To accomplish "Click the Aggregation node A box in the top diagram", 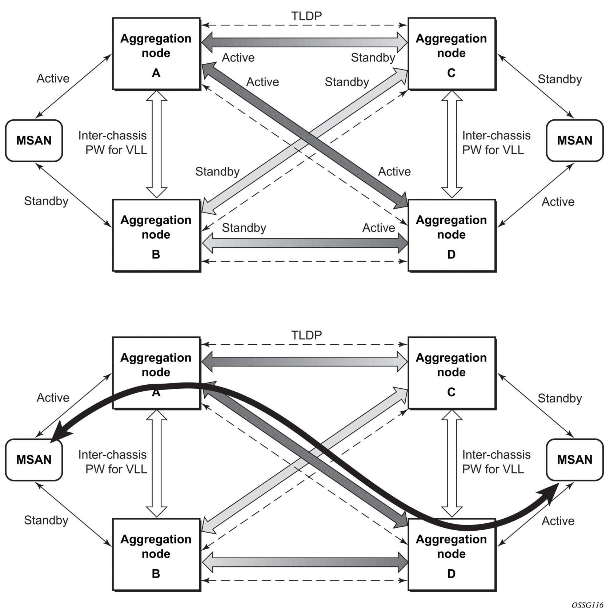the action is tap(156, 54).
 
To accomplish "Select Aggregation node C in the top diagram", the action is tap(452, 54).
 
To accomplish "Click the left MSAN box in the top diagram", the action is tap(34, 140).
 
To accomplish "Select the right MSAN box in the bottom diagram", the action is tap(575, 460).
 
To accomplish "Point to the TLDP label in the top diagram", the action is tap(306, 16).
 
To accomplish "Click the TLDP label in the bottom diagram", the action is tap(306, 335).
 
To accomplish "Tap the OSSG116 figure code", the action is tap(587, 605).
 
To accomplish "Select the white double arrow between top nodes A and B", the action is tap(156, 144).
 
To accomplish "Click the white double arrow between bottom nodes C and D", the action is tap(452, 463).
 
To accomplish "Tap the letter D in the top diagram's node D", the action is tap(452, 254).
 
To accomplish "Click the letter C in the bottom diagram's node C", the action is tap(452, 392).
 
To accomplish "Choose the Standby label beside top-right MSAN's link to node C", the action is tap(560, 79).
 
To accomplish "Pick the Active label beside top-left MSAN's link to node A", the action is tap(53, 78).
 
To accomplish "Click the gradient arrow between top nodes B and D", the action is tap(305, 243).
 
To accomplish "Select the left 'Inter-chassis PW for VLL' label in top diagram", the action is tap(113, 143).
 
